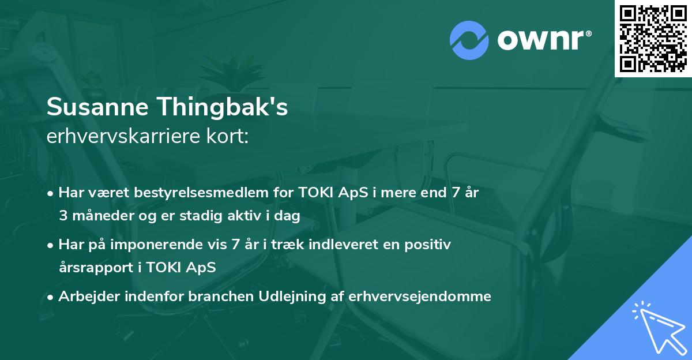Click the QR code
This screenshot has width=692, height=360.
point(653,38)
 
